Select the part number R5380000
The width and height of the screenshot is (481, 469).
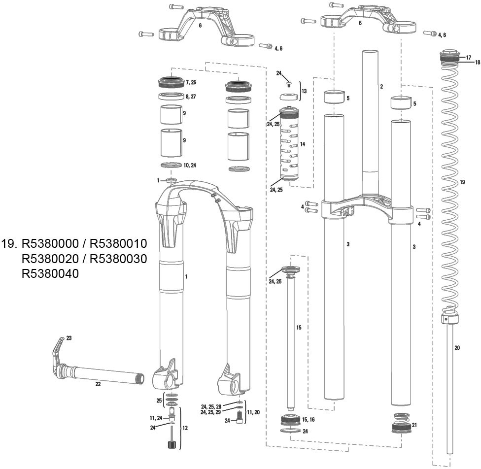point(50,244)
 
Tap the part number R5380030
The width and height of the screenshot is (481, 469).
point(118,259)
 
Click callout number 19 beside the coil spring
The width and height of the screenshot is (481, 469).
point(462,182)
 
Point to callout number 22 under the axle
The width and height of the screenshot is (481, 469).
point(98,384)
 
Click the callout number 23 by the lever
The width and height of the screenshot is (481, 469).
point(69,338)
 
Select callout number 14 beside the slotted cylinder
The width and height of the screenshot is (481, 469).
point(303,144)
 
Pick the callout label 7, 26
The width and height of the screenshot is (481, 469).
point(190,82)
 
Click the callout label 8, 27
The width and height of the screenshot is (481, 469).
point(190,97)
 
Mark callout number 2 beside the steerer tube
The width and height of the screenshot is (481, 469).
point(381,87)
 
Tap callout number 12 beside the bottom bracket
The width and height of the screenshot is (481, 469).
point(184,428)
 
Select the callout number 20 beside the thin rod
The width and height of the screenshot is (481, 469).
point(457,348)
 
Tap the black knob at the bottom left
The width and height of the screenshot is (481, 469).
point(172,445)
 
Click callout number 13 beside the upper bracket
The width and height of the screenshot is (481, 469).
point(304,91)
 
